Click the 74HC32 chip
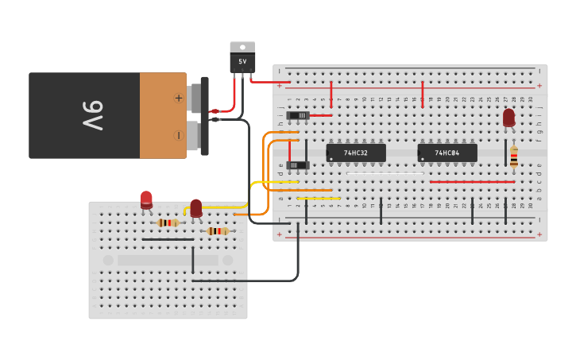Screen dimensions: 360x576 (356, 153)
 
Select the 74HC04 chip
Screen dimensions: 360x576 (447, 153)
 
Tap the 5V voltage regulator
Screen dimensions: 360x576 (242, 60)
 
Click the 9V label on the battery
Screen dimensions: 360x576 (92, 116)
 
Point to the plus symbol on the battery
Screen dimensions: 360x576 (179, 99)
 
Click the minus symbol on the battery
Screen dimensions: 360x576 (179, 135)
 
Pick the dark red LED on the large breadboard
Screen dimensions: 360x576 (508, 118)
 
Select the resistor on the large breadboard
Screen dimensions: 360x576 (513, 157)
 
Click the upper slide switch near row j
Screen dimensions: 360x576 (298, 116)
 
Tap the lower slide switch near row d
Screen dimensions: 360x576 (298, 165)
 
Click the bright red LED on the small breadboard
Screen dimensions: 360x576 (146, 199)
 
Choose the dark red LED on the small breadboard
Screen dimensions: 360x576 (195, 208)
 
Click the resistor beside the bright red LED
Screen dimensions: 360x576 (167, 223)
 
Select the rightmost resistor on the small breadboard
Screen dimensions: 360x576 (216, 231)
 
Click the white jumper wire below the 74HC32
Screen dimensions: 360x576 (385, 173)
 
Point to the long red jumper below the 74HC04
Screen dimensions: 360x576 (472, 182)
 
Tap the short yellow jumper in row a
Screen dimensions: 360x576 (319, 199)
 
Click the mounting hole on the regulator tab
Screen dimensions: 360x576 (242, 46)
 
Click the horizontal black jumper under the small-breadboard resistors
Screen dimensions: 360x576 (167, 239)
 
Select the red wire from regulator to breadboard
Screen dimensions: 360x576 (270, 82)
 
